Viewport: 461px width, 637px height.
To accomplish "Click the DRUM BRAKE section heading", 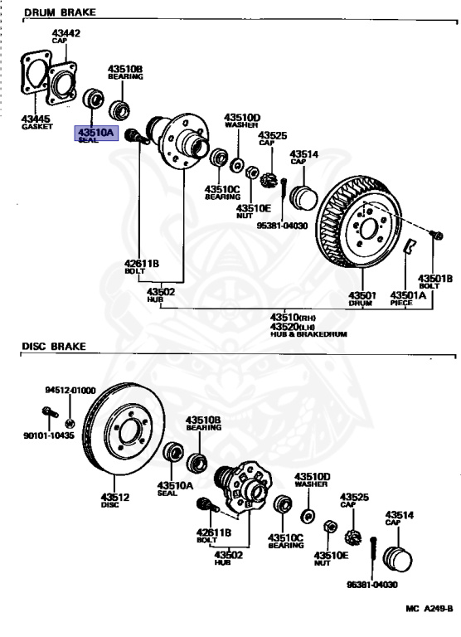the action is pyautogui.click(x=61, y=12).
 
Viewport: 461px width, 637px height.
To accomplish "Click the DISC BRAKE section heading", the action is pyautogui.click(x=54, y=347).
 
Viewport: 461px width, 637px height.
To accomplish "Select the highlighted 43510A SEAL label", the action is pyautogui.click(x=96, y=134).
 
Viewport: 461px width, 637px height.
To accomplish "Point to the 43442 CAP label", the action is pyautogui.click(x=66, y=36).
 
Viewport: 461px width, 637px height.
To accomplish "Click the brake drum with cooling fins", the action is pyautogui.click(x=357, y=222).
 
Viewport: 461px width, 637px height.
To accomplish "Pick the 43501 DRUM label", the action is pyautogui.click(x=362, y=299).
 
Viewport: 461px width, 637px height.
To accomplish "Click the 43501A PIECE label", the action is pyautogui.click(x=408, y=299).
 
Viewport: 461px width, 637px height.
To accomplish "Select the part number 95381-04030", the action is pyautogui.click(x=282, y=226).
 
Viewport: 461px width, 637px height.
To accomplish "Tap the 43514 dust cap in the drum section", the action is pyautogui.click(x=303, y=198).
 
